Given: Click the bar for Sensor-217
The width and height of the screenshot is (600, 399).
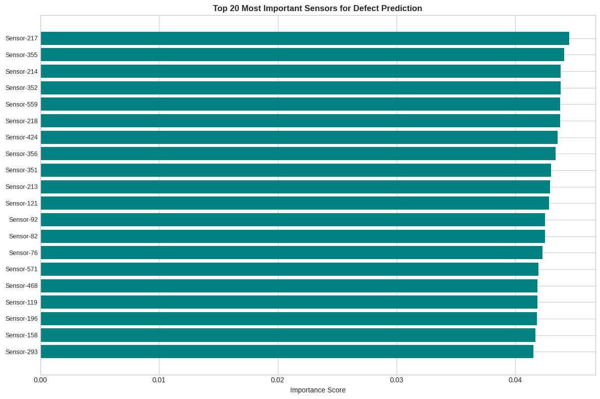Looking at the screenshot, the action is click(x=305, y=38).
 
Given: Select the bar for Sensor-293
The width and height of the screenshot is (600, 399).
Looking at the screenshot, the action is click(x=287, y=352).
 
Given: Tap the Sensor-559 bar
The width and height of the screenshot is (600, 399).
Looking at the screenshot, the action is click(x=300, y=104).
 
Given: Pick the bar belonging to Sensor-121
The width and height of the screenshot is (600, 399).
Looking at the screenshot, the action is click(x=295, y=203).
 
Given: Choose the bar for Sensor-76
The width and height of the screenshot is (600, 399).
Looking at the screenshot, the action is click(x=292, y=253).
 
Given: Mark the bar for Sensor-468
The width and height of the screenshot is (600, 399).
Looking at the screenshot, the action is click(x=289, y=286).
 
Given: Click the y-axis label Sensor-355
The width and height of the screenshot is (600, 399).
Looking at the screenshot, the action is click(x=21, y=55).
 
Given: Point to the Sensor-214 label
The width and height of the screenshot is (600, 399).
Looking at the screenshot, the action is click(x=21, y=72).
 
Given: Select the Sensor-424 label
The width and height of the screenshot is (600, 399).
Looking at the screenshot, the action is click(x=21, y=137).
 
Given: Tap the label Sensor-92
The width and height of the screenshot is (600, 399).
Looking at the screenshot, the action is click(x=23, y=220).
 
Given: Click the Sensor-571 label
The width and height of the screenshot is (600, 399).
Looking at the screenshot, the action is click(x=21, y=269).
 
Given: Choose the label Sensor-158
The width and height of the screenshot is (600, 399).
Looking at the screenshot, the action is click(x=21, y=335).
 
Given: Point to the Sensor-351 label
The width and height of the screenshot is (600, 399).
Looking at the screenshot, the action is click(x=21, y=170).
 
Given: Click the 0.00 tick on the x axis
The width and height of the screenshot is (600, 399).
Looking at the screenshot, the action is click(x=40, y=380).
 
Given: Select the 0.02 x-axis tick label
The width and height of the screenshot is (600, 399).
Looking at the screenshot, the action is click(x=278, y=380).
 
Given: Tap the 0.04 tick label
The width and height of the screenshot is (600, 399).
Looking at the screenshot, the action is click(x=515, y=380).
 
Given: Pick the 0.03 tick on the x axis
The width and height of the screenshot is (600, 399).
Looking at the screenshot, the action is click(x=397, y=380).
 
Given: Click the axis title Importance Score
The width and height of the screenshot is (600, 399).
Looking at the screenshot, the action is click(x=317, y=390).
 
